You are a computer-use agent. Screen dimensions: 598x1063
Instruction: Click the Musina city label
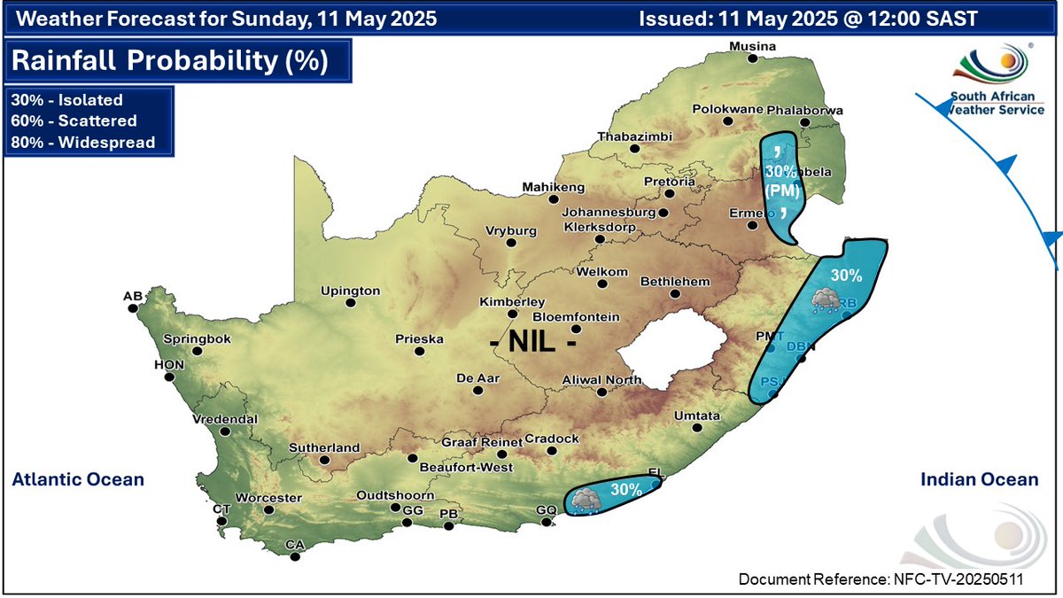[x=752, y=46]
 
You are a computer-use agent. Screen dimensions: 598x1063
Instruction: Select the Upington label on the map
[x=350, y=291]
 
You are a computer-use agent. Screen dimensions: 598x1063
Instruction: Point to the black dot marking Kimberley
[x=511, y=314]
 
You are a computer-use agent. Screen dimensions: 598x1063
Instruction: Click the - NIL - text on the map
[x=534, y=341]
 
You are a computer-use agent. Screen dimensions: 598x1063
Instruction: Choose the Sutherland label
[x=324, y=448]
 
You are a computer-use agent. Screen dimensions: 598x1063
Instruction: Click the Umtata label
[x=691, y=415]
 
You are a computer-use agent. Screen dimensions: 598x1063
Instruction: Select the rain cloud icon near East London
[x=584, y=500]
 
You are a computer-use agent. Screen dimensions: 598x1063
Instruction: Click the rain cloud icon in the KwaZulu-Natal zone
[x=823, y=299]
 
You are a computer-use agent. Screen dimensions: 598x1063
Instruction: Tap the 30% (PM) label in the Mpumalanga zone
[x=782, y=179]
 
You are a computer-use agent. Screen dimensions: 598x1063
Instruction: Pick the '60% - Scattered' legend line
[x=73, y=121]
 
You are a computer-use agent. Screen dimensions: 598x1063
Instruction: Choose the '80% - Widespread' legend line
[x=82, y=142]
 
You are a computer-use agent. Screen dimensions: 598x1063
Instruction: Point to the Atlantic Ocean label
[x=78, y=479]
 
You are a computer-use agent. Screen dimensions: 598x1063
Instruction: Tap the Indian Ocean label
[x=979, y=479]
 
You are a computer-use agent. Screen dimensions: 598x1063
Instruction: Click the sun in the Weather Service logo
[x=1007, y=63]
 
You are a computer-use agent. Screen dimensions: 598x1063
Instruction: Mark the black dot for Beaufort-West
[x=412, y=458]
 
